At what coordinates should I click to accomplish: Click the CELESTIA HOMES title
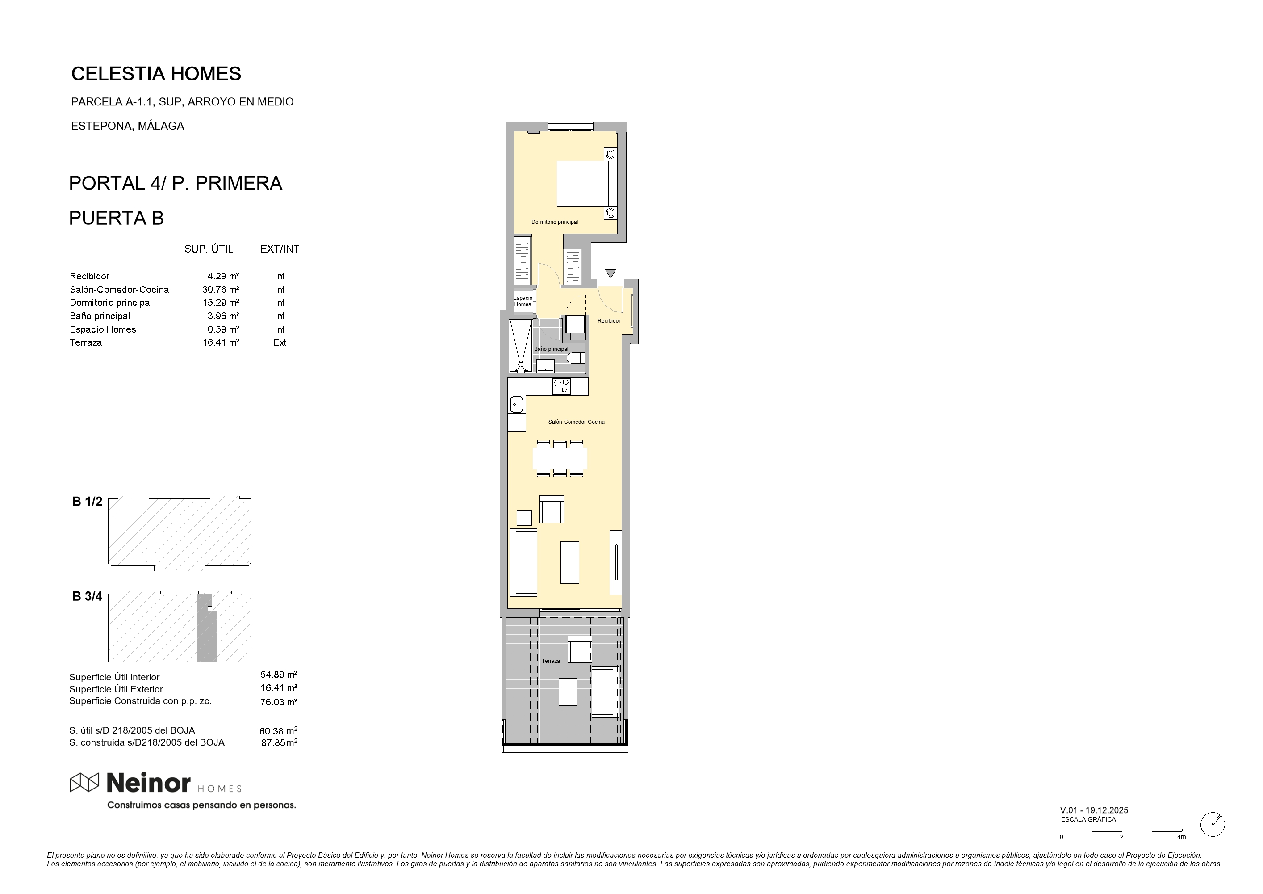pyautogui.click(x=156, y=74)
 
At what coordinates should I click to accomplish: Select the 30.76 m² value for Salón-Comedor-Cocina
pyautogui.click(x=220, y=290)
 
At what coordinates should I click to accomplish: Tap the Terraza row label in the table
pyautogui.click(x=85, y=342)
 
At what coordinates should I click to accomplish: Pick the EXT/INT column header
pyautogui.click(x=280, y=249)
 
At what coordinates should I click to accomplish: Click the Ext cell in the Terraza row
pyautogui.click(x=280, y=342)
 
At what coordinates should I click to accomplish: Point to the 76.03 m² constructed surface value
pyautogui.click(x=278, y=702)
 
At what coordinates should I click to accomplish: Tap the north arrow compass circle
pyautogui.click(x=1213, y=824)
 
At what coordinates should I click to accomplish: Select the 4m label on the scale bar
pyautogui.click(x=1181, y=837)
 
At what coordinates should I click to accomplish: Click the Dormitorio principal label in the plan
pyautogui.click(x=555, y=223)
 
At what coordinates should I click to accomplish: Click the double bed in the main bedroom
pyautogui.click(x=586, y=183)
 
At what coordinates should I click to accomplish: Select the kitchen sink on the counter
pyautogui.click(x=515, y=405)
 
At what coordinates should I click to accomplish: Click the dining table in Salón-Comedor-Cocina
pyautogui.click(x=560, y=458)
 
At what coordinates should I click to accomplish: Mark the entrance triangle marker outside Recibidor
pyautogui.click(x=611, y=274)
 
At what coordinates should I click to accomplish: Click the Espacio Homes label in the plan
pyautogui.click(x=523, y=301)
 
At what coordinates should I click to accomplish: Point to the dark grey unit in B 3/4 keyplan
pyautogui.click(x=207, y=630)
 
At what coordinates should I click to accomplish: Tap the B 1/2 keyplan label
pyautogui.click(x=87, y=502)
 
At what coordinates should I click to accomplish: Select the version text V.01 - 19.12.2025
pyautogui.click(x=1094, y=810)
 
